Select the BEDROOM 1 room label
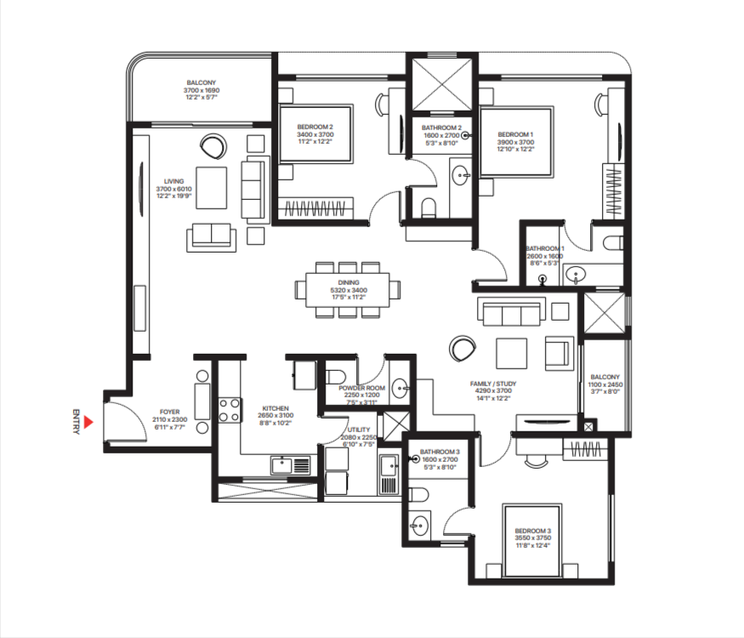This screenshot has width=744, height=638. coord(515,134)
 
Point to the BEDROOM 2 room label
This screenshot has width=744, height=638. coord(315,127)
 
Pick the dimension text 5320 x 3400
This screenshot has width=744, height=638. coord(347,290)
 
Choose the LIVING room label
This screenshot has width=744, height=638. coord(174,180)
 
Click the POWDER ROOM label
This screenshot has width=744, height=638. coord(364,388)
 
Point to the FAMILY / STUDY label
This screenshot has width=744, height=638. coord(493,384)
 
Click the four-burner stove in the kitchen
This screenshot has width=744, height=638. coord(229,411)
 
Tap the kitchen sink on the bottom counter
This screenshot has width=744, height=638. coord(283,464)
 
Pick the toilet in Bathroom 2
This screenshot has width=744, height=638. coord(428,206)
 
